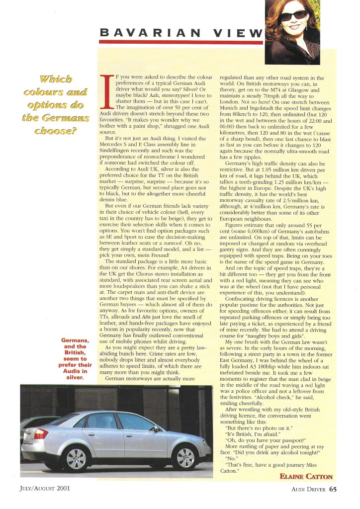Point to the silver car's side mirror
tap(156, 428)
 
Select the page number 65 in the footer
tap(333, 489)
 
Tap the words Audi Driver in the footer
tap(308, 489)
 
